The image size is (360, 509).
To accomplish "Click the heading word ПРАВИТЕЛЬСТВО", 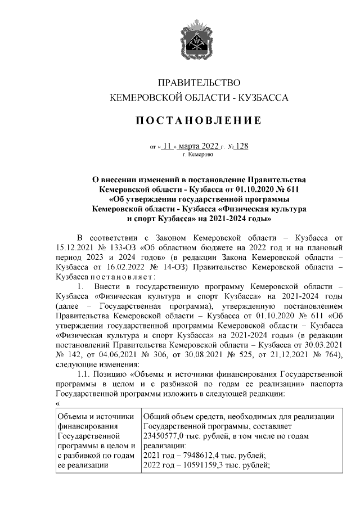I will [199, 83].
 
